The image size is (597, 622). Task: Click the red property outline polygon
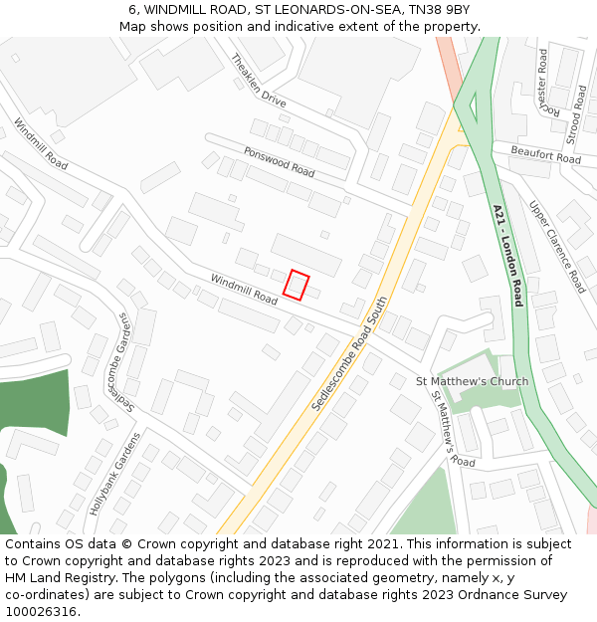click(296, 285)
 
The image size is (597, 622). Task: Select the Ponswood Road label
click(279, 162)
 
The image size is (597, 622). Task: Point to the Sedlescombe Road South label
click(348, 354)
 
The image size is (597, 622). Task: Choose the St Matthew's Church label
click(472, 381)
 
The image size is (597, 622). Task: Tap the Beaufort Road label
click(545, 154)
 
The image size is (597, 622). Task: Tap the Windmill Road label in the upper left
click(41, 143)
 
